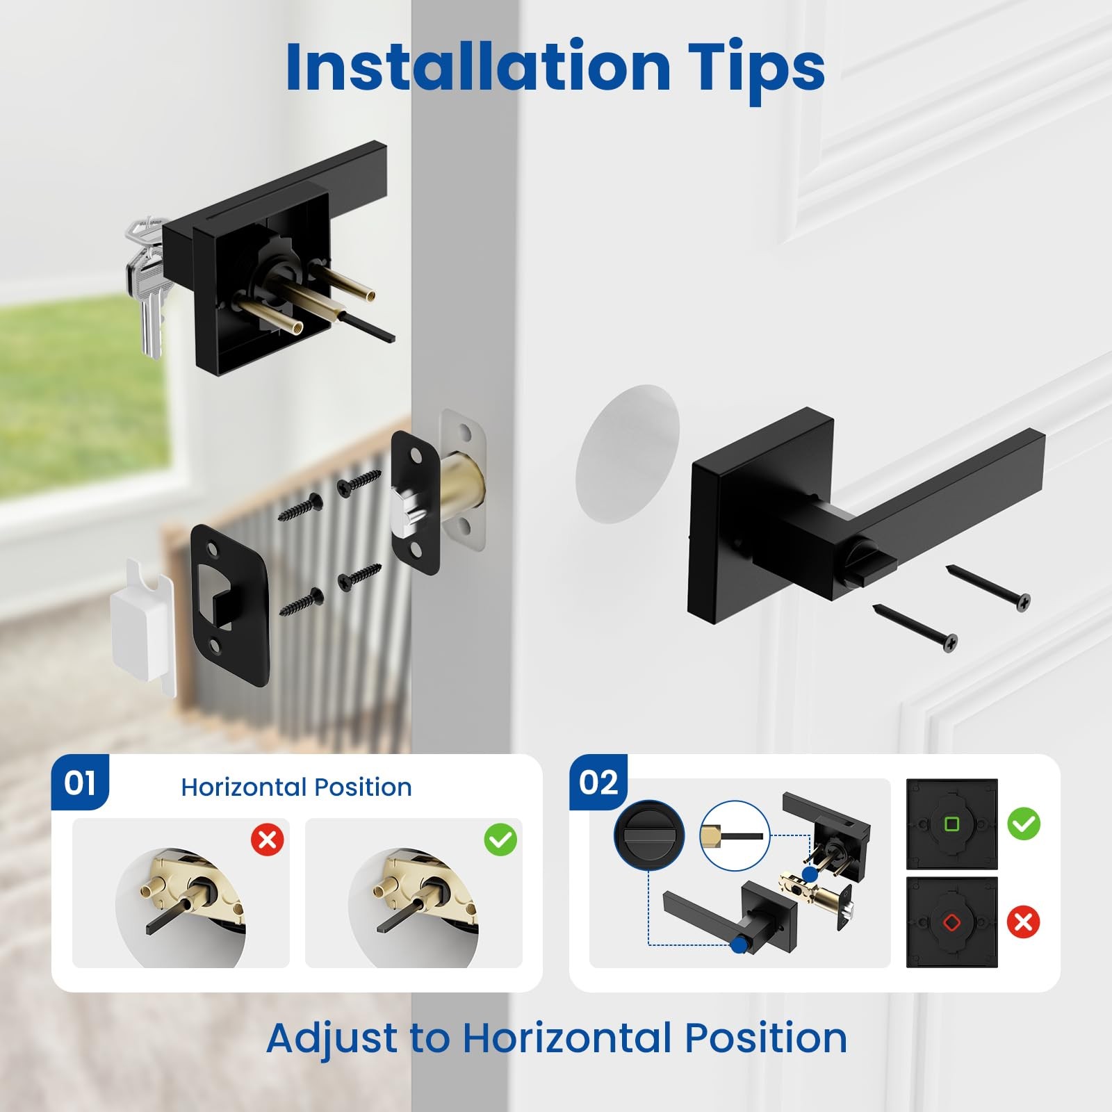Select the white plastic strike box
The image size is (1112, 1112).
coord(143,625)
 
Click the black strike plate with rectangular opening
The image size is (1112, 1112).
coord(230,605)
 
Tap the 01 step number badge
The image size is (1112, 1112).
coord(80,783)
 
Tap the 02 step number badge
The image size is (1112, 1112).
coord(598,783)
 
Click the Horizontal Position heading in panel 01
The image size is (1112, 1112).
coord(296,787)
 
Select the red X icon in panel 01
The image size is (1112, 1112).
coord(268,840)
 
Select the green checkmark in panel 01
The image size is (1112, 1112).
coord(500,840)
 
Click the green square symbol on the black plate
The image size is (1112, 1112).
coord(952,824)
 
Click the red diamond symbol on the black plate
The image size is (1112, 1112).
coord(951,923)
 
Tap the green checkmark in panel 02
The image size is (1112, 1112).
coord(1024,824)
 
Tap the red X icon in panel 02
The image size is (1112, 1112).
coord(1024,922)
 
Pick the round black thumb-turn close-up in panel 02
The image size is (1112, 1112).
coord(649,835)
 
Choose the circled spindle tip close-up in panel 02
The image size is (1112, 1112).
coord(735,835)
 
